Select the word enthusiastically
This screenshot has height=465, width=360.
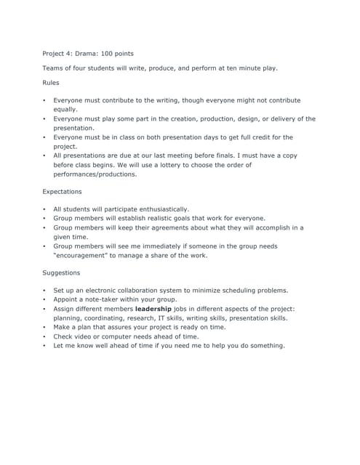(x=154, y=209)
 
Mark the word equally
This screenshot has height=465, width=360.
(x=65, y=109)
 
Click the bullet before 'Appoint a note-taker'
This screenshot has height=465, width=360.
(x=44, y=299)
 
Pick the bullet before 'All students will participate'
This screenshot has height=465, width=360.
(x=44, y=209)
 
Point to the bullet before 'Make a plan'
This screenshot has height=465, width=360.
(x=44, y=328)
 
